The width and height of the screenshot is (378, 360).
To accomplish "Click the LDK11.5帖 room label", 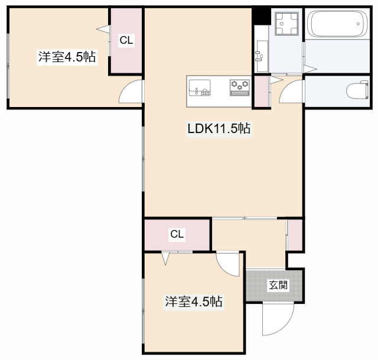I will pos(219,129).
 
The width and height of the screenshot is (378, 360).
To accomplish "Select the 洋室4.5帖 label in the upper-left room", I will pos(67,57).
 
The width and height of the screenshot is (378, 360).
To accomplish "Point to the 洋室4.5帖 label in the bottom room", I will pos(193,301).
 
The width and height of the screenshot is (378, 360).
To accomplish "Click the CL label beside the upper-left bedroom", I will pos(126,40).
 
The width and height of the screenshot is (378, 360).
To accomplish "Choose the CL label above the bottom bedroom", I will pos(177,234).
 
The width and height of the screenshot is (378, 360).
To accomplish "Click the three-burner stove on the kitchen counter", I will pos(240,87).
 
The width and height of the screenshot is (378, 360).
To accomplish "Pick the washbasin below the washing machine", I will pos(260,56).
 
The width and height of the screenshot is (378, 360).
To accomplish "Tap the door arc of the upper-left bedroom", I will pos(132,91).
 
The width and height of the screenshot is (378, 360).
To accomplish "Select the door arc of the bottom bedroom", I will pos(228,263).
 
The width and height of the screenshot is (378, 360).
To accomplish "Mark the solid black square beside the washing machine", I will pos(261,16).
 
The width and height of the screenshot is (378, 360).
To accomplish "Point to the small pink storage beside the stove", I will pos(260,92).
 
